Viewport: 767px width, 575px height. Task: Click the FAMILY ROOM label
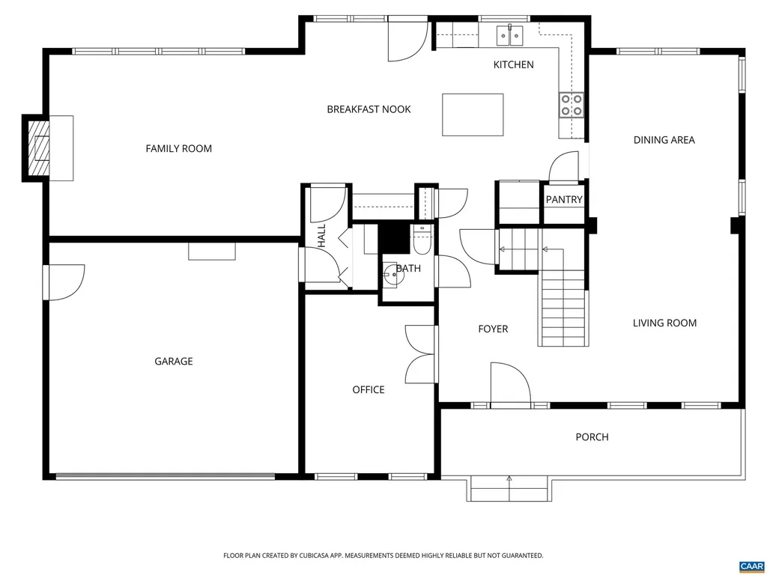coord(178,148)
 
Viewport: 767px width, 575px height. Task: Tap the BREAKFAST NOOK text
coord(369,109)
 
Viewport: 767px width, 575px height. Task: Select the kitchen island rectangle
coord(473,114)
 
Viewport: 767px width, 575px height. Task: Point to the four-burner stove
coord(572,106)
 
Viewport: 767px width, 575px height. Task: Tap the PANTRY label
coord(564,199)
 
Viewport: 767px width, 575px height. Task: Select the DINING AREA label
coord(664,140)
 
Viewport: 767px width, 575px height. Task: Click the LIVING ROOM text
coord(664,323)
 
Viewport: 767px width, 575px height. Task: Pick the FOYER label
coord(493,329)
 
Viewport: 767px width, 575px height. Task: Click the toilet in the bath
coord(422,240)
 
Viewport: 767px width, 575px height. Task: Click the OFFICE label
coord(369,389)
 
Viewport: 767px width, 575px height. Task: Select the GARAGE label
coord(174,362)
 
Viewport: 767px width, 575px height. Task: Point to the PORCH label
coord(592,436)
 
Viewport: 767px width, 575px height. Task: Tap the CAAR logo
coord(751,565)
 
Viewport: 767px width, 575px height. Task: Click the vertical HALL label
coord(321,236)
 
